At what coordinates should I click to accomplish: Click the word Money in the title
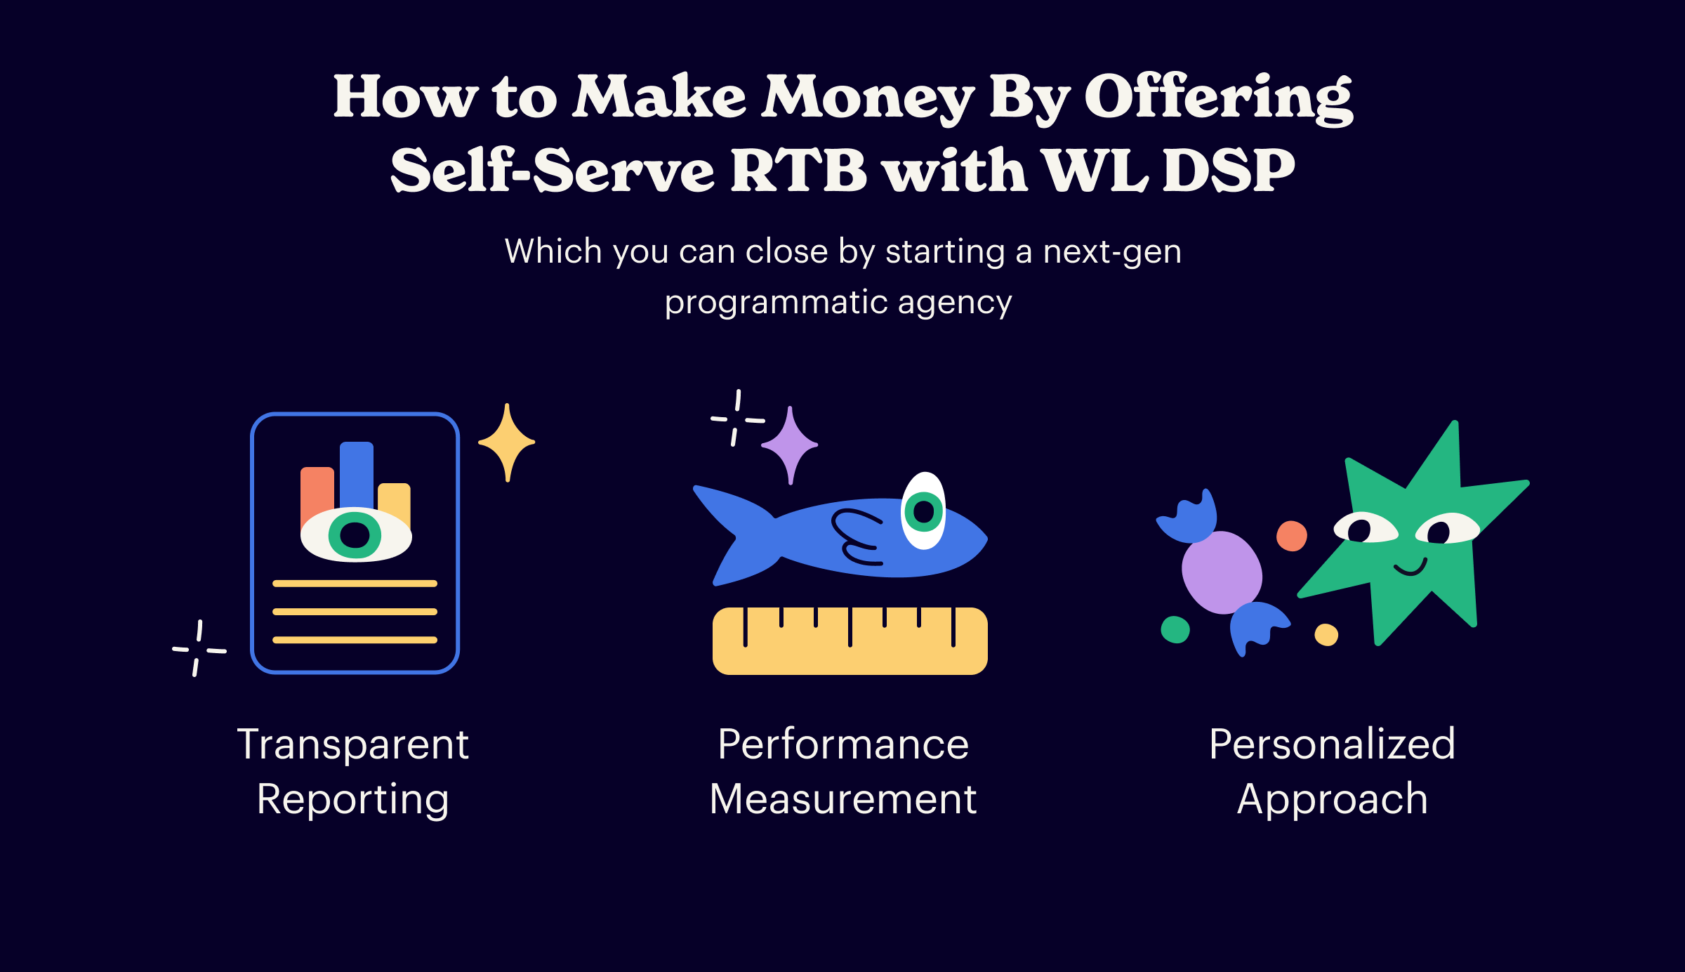[x=868, y=99]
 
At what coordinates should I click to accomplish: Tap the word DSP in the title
[x=1229, y=171]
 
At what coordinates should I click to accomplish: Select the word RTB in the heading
[x=799, y=171]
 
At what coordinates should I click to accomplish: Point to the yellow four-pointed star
[x=507, y=442]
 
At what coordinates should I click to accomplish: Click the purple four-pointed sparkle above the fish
[x=790, y=445]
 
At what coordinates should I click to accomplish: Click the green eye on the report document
[x=356, y=534]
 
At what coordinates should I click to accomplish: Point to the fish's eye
[x=923, y=511]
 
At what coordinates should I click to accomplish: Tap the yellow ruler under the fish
[x=850, y=641]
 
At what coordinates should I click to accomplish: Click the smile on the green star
[x=1410, y=567]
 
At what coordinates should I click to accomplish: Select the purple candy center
[x=1222, y=572]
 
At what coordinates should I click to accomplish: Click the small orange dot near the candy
[x=1292, y=536]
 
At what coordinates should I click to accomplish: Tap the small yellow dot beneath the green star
[x=1326, y=635]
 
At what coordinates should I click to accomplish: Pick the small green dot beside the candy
[x=1175, y=630]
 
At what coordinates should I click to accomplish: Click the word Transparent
[x=353, y=744]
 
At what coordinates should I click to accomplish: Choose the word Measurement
[x=843, y=799]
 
